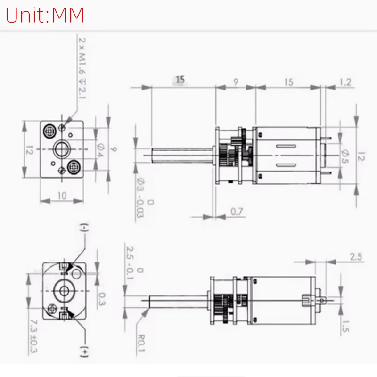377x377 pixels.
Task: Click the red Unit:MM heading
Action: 45,15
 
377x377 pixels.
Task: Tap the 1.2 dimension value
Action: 345,83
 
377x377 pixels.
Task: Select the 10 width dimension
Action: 62,196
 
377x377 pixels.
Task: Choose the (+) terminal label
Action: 84,351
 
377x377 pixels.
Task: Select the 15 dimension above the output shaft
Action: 180,80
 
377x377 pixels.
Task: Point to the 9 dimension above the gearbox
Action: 235,82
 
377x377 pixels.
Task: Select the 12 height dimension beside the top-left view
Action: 29,151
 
